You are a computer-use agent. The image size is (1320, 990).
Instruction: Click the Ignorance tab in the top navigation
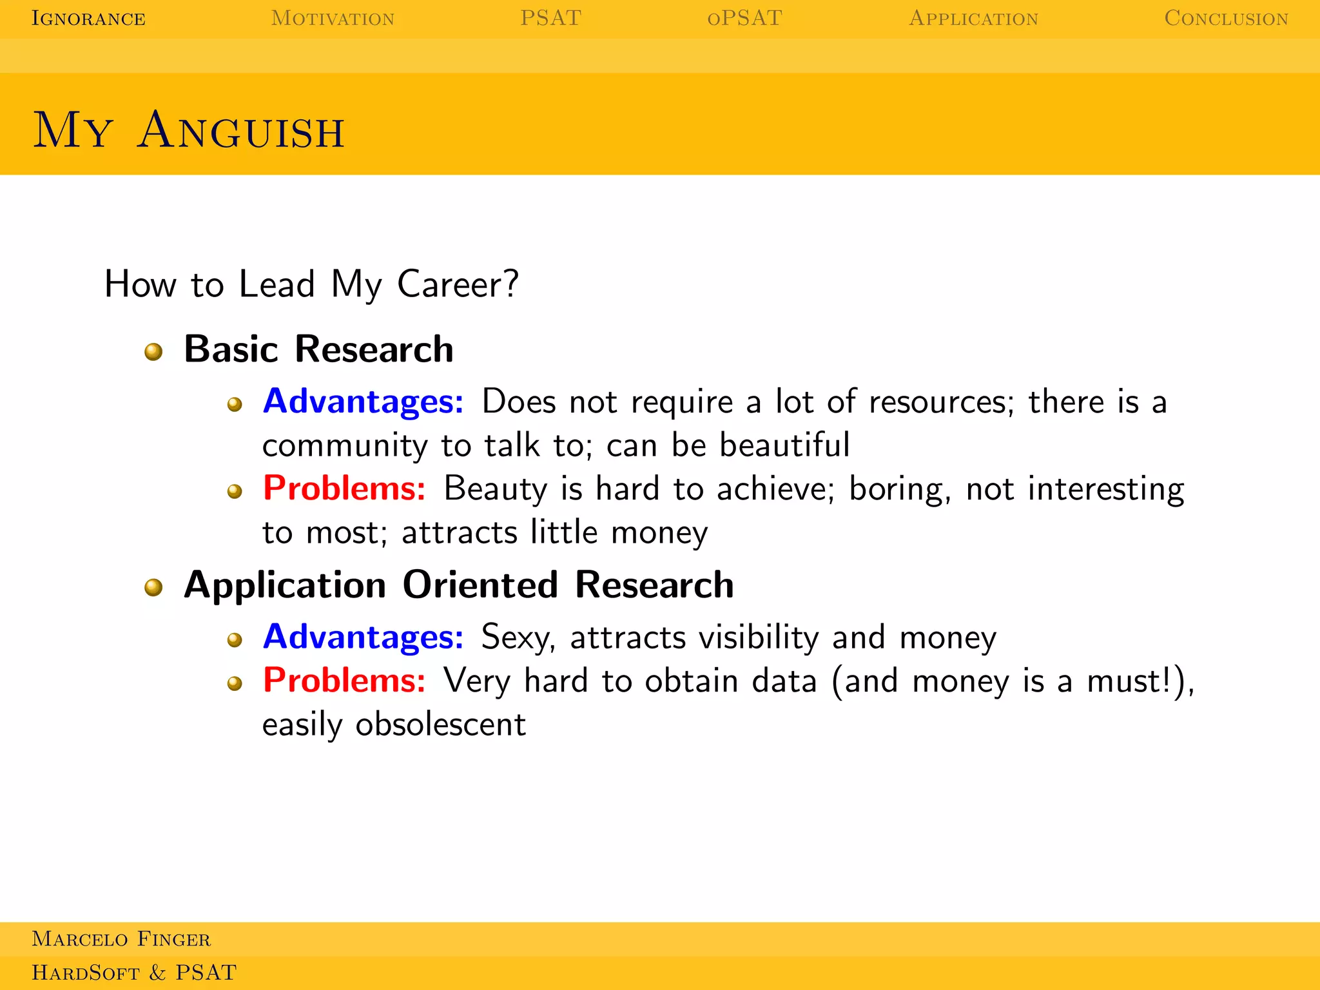[x=88, y=19]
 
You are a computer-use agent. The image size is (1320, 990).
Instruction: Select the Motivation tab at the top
[x=333, y=19]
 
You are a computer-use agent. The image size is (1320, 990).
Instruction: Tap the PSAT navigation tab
[x=550, y=19]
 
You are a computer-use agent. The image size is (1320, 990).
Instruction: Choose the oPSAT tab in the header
[x=744, y=19]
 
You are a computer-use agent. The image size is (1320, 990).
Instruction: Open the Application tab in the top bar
[x=973, y=19]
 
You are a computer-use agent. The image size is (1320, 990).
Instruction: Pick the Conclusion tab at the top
[x=1226, y=19]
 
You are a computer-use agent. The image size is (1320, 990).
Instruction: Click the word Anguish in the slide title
[x=241, y=131]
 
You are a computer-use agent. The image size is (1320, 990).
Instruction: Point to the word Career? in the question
[x=458, y=284]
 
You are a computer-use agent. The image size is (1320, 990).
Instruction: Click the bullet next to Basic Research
[x=153, y=351]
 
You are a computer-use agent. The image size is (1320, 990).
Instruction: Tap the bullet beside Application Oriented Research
[x=153, y=587]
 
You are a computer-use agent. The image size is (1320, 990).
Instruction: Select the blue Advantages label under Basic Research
[x=363, y=402]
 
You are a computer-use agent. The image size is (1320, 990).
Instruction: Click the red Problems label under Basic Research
[x=344, y=488]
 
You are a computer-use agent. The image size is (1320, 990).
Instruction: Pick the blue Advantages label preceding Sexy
[x=363, y=637]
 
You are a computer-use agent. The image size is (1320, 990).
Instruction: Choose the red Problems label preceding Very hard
[x=344, y=681]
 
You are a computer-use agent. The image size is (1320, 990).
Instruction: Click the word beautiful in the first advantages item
[x=784, y=445]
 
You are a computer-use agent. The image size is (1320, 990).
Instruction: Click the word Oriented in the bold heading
[x=480, y=585]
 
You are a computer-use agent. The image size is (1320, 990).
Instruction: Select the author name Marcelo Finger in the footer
[x=121, y=939]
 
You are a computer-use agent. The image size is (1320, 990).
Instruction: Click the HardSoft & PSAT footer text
[x=134, y=973]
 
